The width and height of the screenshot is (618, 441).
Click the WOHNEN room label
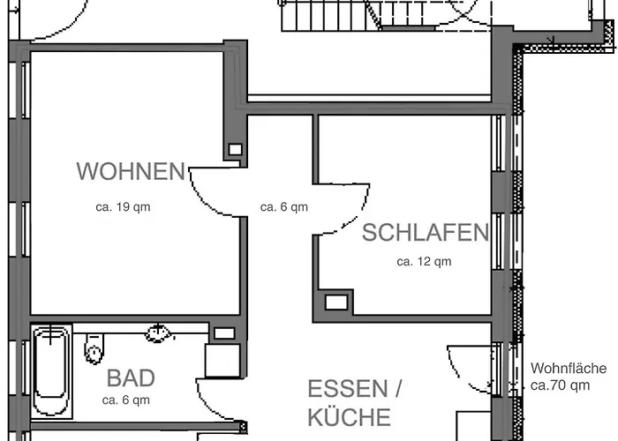point(131,171)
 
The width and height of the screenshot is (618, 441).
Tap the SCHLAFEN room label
point(425,233)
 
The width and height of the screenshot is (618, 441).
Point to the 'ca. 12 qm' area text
point(424,261)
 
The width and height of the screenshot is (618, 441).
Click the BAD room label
point(131,379)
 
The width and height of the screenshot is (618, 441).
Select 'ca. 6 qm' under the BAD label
point(126,400)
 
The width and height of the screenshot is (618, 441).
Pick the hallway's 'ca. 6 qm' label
point(284,208)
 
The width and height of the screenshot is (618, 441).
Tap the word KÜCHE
point(348,416)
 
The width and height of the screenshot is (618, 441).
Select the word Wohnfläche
point(569,369)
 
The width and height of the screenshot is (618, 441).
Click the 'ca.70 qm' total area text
point(561,385)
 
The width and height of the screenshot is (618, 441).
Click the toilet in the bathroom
point(94,348)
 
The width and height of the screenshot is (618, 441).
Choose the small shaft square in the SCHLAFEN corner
point(336,303)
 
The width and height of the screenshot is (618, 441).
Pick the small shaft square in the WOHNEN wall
point(235,149)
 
